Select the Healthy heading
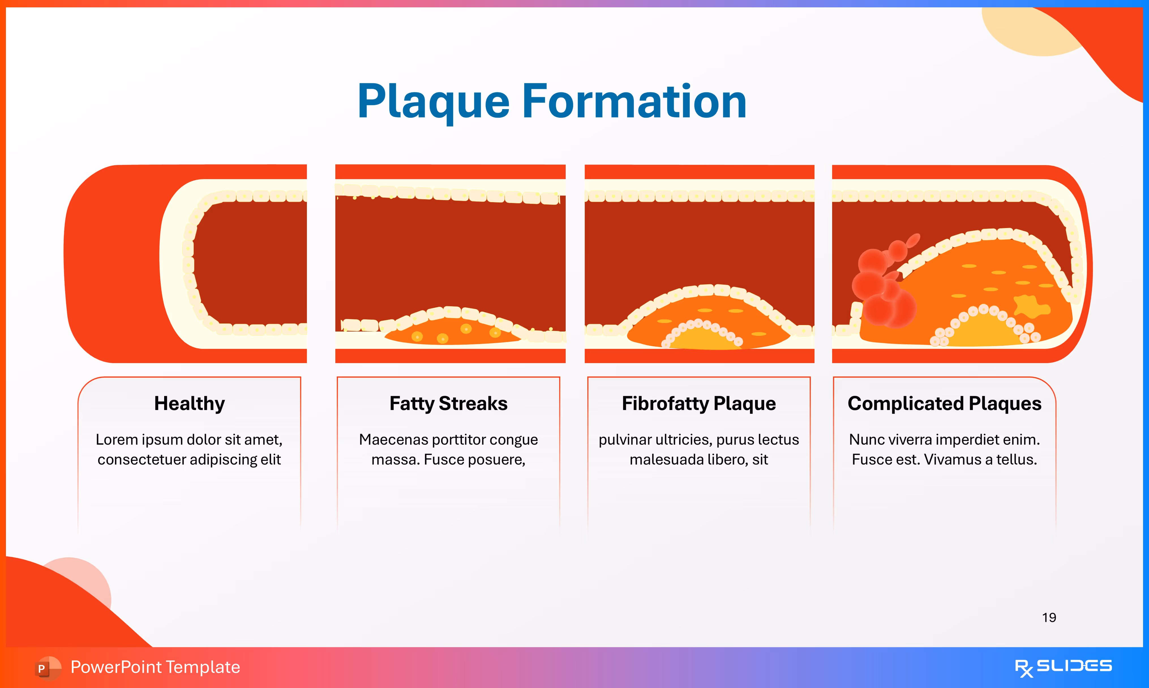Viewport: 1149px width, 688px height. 190,403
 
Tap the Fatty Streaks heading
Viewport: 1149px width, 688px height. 449,403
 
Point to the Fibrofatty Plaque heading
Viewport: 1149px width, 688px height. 699,403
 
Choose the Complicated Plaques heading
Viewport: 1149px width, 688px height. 944,403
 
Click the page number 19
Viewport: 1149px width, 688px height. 1049,618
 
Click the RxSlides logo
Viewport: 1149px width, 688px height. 1063,667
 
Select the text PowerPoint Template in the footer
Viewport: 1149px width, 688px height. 155,667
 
